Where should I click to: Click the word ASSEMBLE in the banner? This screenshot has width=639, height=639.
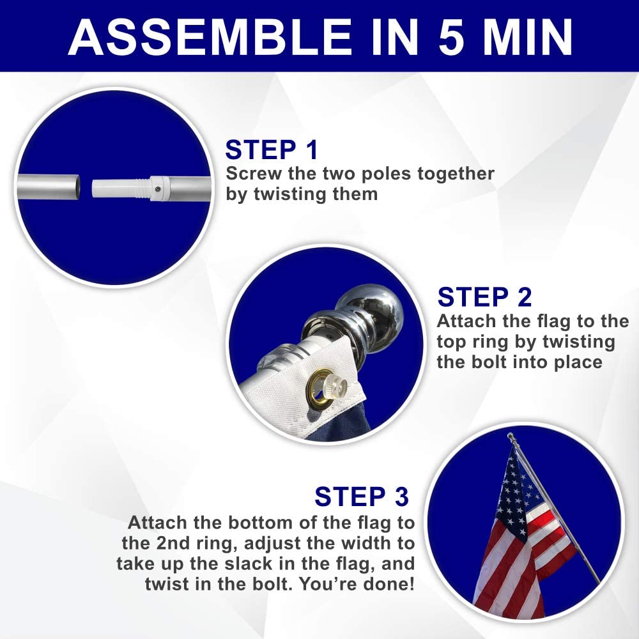tap(210, 37)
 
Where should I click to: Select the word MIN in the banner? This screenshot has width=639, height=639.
tap(528, 37)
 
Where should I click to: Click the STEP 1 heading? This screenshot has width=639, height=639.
tap(272, 150)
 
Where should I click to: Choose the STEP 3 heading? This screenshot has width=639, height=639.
tap(362, 497)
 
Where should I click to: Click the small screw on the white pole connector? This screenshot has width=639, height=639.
tap(158, 189)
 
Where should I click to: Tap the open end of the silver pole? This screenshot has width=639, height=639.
tap(76, 187)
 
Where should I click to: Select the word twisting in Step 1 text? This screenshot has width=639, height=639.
tap(291, 194)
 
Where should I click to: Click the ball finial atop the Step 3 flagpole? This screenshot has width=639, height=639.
tap(511, 436)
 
